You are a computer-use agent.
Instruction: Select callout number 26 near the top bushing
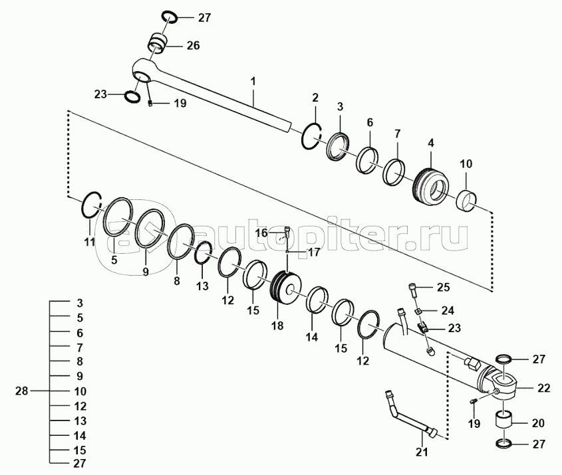pyautogui.click(x=193, y=46)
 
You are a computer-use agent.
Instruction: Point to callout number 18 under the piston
pyautogui.click(x=277, y=326)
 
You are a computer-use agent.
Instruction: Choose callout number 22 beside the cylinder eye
pyautogui.click(x=543, y=388)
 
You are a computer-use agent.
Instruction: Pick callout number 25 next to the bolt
pyautogui.click(x=444, y=287)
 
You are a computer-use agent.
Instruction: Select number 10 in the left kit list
pyautogui.click(x=79, y=391)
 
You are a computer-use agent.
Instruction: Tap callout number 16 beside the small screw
pyautogui.click(x=261, y=233)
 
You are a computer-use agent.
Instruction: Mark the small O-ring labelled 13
pyautogui.click(x=204, y=253)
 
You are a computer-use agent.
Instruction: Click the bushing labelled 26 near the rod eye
pyautogui.click(x=157, y=44)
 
